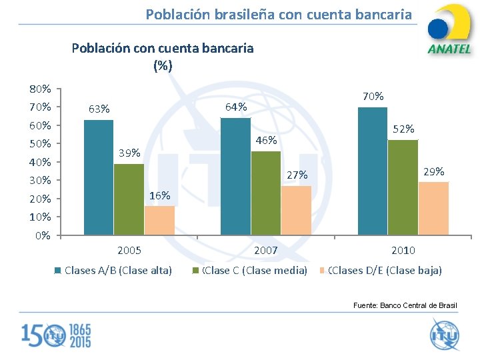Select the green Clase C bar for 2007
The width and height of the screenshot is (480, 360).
[x=266, y=193]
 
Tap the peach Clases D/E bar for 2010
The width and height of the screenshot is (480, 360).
[x=433, y=209]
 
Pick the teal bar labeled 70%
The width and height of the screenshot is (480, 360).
[x=373, y=171]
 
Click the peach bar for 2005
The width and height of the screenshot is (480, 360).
[x=159, y=221]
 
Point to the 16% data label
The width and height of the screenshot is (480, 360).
[x=160, y=196]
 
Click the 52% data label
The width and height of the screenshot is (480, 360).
[x=403, y=129]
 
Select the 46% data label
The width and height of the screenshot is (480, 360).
[x=266, y=141]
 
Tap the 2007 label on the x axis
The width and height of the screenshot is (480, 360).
[x=266, y=251]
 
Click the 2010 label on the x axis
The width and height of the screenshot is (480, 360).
[x=403, y=251]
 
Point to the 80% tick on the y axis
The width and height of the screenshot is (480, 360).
[x=40, y=89]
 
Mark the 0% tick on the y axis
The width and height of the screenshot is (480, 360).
[x=43, y=235]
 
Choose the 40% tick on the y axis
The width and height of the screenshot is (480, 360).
[x=40, y=162]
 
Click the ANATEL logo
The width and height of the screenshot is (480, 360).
[x=449, y=30]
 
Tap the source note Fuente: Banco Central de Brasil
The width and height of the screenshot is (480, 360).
[x=405, y=305]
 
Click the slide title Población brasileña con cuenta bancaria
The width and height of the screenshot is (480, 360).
[x=279, y=14]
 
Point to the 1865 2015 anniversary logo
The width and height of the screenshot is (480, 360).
[x=56, y=335]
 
